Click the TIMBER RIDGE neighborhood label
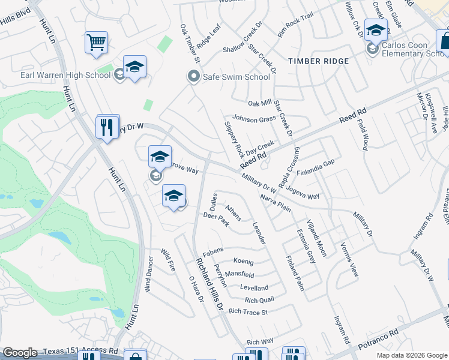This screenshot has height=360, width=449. [x=318, y=61]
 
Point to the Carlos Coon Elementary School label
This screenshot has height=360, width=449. [x=414, y=49]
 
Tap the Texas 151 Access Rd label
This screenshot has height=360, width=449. [x=80, y=350]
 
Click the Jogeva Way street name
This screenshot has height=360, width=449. [x=303, y=192]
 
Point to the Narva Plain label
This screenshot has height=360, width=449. [x=276, y=202]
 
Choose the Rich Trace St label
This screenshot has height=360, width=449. [x=248, y=311]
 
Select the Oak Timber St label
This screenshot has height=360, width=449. [x=189, y=44]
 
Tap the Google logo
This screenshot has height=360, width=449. [x=20, y=353]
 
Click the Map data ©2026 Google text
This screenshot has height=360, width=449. [x=411, y=355]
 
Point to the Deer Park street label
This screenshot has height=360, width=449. [x=216, y=220]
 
